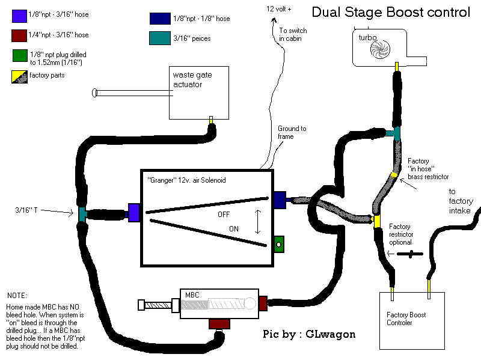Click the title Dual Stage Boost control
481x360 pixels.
point(390,12)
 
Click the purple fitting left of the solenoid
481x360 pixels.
point(134,212)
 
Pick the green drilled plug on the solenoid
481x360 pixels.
point(279,244)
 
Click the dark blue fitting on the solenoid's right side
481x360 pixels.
point(279,200)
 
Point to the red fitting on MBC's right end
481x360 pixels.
point(262,304)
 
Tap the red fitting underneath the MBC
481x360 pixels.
point(219,324)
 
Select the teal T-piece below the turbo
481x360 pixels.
point(393,134)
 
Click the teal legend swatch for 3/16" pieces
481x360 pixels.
point(156,38)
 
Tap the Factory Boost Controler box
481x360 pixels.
point(411,320)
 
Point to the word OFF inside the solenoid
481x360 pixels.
point(224,214)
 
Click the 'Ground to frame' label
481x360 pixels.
point(292,132)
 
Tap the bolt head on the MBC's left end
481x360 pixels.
point(142,304)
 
